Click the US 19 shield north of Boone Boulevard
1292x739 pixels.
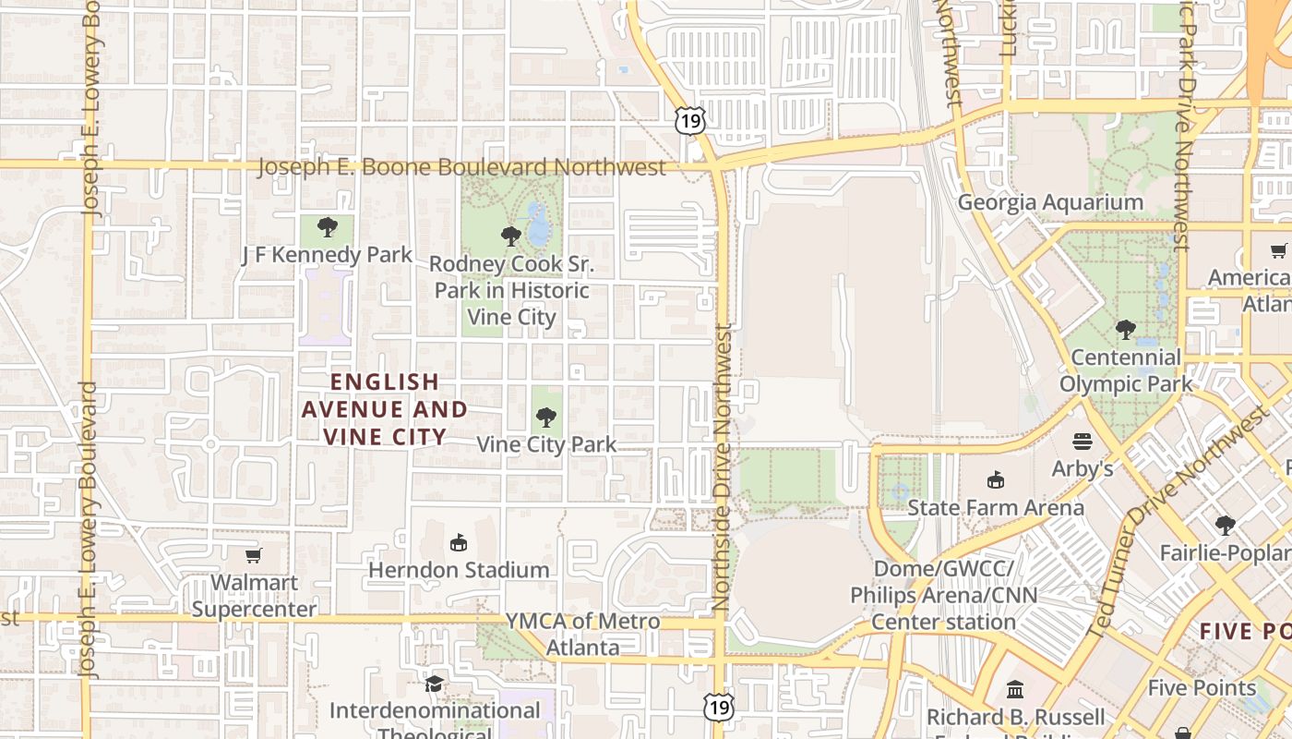[689, 119]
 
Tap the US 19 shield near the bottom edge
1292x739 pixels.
[717, 707]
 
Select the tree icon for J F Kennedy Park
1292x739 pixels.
[327, 227]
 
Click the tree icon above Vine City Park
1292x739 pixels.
[546, 418]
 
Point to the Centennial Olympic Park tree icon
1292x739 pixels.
[1125, 329]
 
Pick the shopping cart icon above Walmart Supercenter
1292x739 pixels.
[254, 555]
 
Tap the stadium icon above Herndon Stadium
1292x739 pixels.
[459, 542]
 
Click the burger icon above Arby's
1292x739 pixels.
[1083, 442]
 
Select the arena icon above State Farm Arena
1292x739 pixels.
[996, 480]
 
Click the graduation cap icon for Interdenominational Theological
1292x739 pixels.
[434, 684]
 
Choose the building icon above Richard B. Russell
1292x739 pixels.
[1015, 689]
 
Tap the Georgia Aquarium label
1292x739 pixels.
[1050, 202]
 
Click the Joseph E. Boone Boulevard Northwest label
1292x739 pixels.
[461, 167]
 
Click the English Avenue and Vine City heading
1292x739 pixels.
[385, 408]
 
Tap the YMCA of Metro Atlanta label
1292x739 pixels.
[582, 634]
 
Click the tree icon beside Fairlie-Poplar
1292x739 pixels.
[1225, 526]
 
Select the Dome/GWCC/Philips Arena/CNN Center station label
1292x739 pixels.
[943, 595]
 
